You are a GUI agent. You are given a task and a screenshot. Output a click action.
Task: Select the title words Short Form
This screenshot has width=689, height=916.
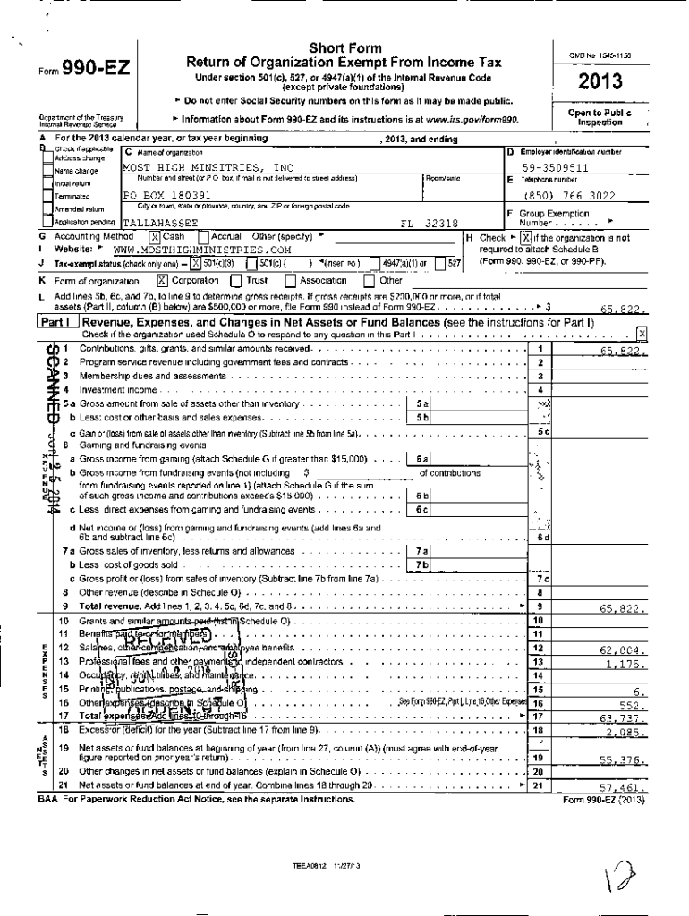pyautogui.click(x=344, y=47)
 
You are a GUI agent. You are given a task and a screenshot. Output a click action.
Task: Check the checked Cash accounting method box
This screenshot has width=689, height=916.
pyautogui.click(x=154, y=236)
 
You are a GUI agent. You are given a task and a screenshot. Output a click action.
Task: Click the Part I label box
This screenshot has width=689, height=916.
pyautogui.click(x=57, y=321)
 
